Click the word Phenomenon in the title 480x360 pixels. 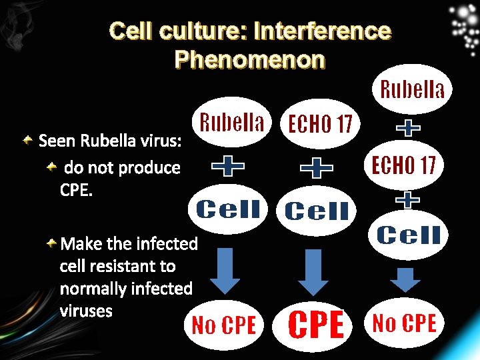pyautogui.click(x=249, y=59)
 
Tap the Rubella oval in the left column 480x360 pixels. pyautogui.click(x=233, y=122)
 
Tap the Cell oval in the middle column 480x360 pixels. pyautogui.click(x=317, y=211)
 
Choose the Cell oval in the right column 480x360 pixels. pyautogui.click(x=409, y=235)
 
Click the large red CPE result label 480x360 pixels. pyautogui.click(x=317, y=325)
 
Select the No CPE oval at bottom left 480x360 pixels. pyautogui.click(x=224, y=325)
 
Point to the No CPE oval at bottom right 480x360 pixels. pyautogui.click(x=405, y=323)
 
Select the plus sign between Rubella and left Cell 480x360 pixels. pyautogui.click(x=228, y=166)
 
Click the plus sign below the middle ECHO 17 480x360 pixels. pyautogui.click(x=317, y=167)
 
